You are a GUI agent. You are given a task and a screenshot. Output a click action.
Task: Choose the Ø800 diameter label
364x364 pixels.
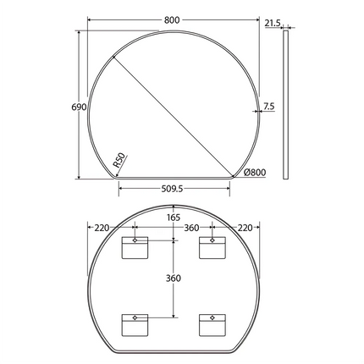[255, 173]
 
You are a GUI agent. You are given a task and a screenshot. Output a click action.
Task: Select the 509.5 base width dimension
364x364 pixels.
[174, 190]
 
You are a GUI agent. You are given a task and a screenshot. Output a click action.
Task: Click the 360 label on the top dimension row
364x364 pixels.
[191, 227]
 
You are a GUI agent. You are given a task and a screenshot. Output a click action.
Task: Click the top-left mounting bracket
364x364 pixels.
[134, 247]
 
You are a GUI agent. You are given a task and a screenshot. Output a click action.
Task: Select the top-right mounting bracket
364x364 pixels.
[211, 247]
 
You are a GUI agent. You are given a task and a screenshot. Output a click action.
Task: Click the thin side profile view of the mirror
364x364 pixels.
[285, 106]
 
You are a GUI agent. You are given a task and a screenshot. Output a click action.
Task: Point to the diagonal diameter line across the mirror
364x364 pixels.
[174, 110]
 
